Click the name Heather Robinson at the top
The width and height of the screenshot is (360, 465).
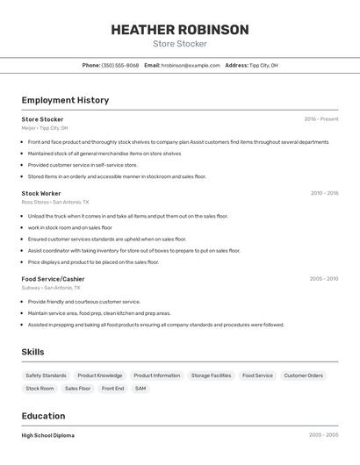tap(180, 30)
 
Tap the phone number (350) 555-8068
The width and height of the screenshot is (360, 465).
tap(120, 65)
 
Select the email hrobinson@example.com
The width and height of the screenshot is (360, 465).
tap(191, 65)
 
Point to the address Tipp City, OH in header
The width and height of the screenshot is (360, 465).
tap(263, 65)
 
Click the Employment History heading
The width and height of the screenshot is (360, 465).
tap(65, 100)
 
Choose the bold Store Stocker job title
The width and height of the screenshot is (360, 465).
tap(42, 119)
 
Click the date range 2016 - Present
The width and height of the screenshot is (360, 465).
tap(320, 119)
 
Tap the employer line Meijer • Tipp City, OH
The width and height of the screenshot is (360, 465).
tap(44, 128)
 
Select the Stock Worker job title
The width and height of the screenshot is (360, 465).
tap(41, 193)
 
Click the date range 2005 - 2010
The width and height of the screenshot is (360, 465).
tap(324, 279)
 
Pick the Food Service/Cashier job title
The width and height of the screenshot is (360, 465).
tap(53, 279)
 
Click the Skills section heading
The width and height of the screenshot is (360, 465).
tap(32, 352)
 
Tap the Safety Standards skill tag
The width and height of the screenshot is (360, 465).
tap(46, 376)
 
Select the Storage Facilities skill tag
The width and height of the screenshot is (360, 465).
tap(211, 376)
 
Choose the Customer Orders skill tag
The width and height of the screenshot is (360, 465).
tap(303, 376)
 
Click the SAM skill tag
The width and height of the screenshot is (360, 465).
tap(140, 388)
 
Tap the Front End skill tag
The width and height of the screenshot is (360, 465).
tap(112, 388)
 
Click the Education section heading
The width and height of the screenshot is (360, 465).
tap(43, 416)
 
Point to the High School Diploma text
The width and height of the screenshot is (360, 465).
tap(48, 435)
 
